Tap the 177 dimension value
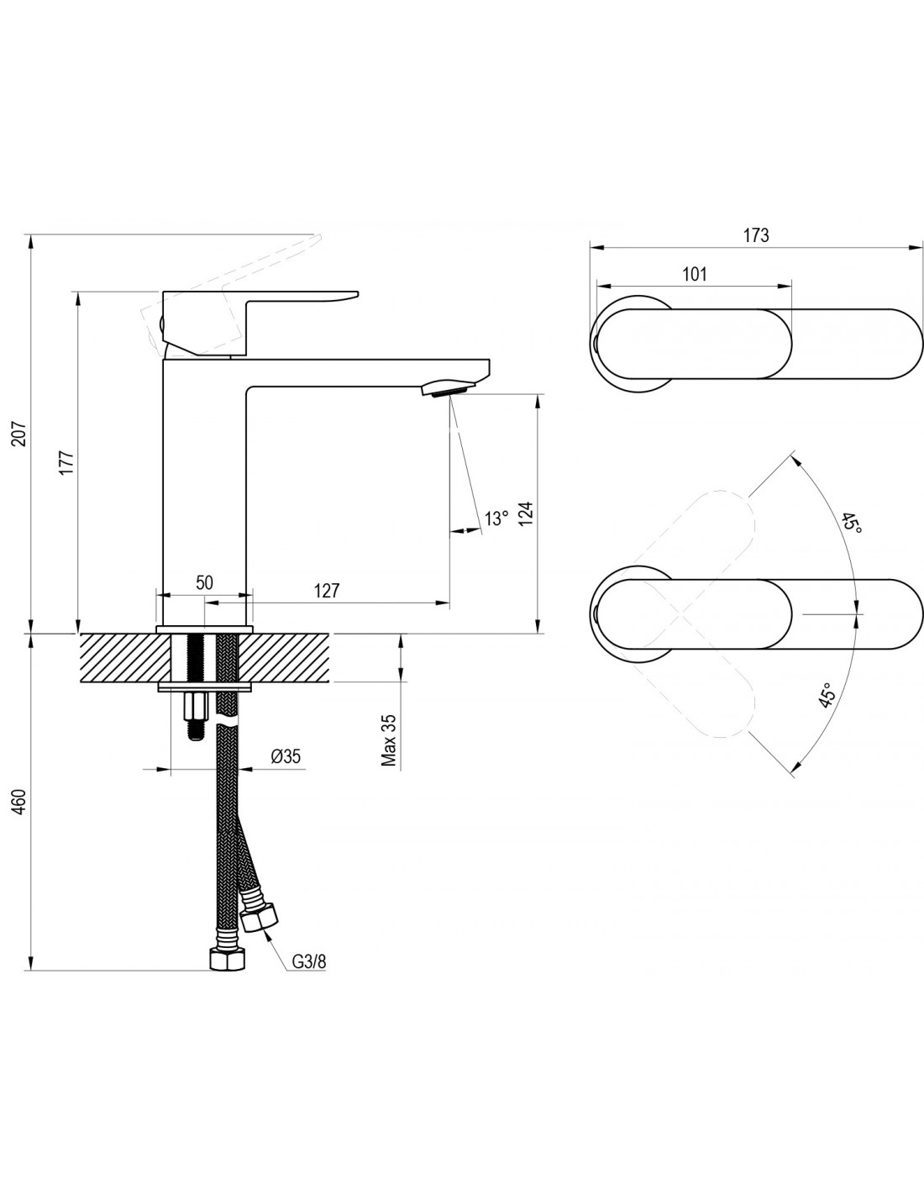[66, 463]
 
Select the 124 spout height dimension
[526, 513]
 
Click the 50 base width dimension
[204, 582]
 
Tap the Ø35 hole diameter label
[286, 756]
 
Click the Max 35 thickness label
[389, 740]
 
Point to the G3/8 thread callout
[309, 962]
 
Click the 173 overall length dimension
[756, 235]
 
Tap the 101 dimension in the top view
[694, 274]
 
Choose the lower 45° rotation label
[827, 695]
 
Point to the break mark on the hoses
[228, 722]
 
